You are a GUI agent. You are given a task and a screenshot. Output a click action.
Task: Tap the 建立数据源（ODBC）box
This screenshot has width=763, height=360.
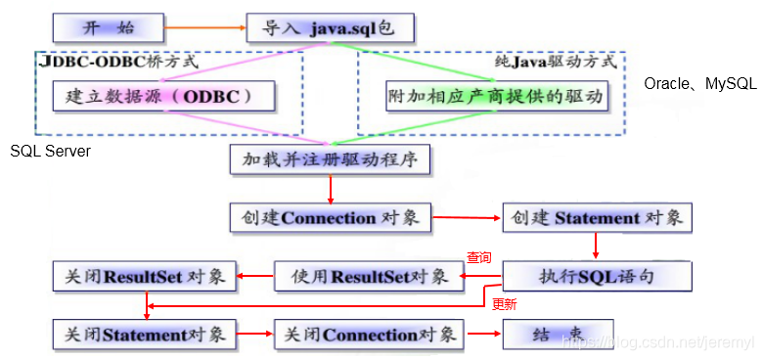point(163,97)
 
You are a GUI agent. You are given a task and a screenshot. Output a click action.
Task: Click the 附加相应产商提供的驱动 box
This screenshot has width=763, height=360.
point(496,97)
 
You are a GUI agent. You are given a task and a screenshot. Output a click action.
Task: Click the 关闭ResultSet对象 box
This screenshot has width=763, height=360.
point(143,277)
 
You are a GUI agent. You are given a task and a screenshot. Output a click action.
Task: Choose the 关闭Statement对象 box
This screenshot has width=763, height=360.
point(143,335)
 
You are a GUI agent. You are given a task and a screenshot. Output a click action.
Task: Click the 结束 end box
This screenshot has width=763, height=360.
point(558,335)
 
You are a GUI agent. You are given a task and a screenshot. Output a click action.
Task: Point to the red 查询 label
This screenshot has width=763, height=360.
point(478,258)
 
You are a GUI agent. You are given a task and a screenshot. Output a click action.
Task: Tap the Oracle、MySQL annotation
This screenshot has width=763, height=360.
point(700,84)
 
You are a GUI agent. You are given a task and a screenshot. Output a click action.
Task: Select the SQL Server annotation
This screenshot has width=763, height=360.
point(50,152)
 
